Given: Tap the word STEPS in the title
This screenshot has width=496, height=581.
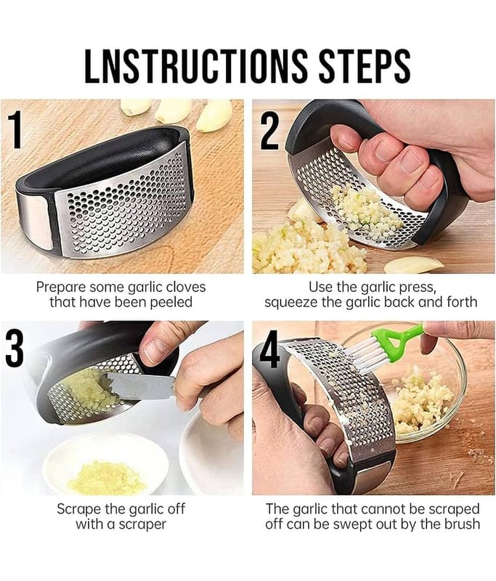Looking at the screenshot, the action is [365, 65].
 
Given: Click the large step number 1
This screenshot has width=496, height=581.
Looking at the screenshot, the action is [15, 130].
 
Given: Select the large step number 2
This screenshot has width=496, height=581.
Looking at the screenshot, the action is [269, 131].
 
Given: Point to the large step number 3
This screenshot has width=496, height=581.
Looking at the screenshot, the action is [15, 349].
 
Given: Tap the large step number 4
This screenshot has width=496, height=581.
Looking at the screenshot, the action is [269, 349].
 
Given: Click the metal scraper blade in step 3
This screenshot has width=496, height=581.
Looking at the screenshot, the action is [137, 386].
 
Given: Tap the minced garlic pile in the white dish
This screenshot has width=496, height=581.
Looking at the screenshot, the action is [105, 477].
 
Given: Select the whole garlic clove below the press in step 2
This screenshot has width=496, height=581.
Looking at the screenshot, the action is [413, 264].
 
